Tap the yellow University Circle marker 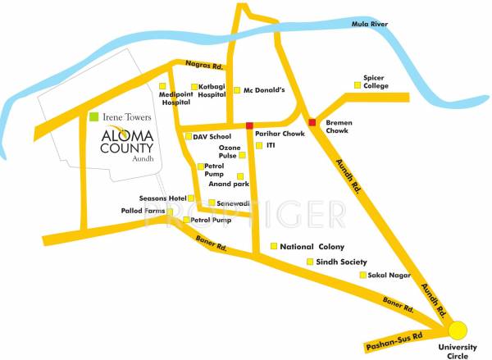tap(458, 331)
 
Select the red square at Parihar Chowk tap(249, 125)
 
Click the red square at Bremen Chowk tap(312, 123)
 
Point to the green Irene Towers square tap(94, 118)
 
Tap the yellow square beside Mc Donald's tap(237, 90)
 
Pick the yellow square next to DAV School tap(188, 136)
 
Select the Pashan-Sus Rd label tap(396, 338)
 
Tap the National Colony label tap(312, 246)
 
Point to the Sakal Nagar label tap(388, 276)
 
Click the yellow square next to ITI tap(259, 145)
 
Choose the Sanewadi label tap(232, 203)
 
